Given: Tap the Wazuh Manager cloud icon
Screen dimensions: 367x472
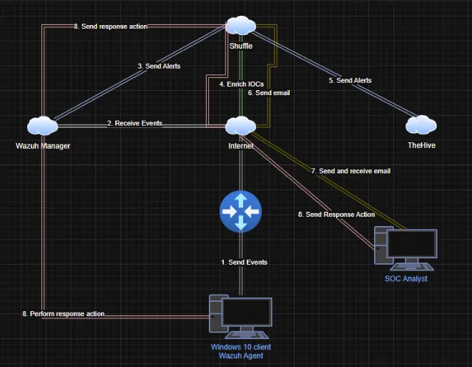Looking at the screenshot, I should coord(43,126).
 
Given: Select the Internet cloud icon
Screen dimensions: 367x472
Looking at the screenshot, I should coord(241,127).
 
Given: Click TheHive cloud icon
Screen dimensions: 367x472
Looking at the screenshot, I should coord(421,126).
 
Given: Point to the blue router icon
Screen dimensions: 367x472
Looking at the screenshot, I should coord(241,212).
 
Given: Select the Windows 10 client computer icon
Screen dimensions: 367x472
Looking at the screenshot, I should coord(241,317).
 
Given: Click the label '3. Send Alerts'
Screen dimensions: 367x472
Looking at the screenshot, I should coord(159,66).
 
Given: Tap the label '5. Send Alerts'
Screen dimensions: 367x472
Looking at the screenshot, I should coord(350,81).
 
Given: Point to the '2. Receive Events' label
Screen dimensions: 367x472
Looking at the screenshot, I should coord(134,123).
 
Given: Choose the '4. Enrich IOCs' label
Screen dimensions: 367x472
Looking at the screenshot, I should coord(241,84).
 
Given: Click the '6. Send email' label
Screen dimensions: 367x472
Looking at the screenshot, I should coord(268,93).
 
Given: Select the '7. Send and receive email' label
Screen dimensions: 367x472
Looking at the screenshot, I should coord(350,171).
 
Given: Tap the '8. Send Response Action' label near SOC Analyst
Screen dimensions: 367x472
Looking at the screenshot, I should coord(335,215).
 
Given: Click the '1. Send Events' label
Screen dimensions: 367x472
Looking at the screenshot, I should coord(244,263).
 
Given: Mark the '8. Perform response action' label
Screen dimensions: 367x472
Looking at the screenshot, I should coord(64,314).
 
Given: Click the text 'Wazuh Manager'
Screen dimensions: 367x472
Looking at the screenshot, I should coord(43,145).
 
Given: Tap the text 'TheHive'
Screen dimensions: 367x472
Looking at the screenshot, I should coord(421,145).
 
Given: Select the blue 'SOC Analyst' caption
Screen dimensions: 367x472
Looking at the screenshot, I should coord(405,278).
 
